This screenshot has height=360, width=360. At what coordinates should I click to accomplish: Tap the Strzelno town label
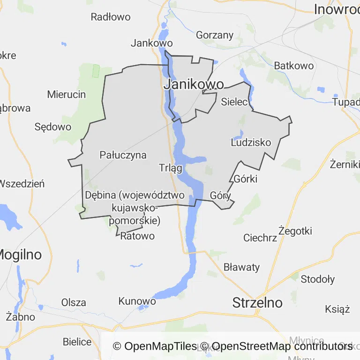pos(257,302)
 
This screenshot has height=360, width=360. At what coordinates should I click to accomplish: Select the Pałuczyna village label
pos(123,155)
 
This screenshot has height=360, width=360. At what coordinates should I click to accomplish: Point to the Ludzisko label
pos(251,142)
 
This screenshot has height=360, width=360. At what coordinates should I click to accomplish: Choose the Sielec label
pos(234,101)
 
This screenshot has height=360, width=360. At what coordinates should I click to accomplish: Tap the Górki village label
pos(245,179)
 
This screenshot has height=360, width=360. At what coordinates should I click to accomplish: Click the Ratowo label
pos(137,236)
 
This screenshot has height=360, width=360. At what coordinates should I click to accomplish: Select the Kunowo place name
pos(137,301)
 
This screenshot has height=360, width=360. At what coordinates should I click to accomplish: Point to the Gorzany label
pos(215,35)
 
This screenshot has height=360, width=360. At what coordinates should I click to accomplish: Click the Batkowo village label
pos(294,66)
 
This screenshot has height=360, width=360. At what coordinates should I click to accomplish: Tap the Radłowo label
pos(111,17)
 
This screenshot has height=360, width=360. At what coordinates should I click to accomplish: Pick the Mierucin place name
pos(67,94)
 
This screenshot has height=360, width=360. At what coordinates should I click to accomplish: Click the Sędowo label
pos(53,127)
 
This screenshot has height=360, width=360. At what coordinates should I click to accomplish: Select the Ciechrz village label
pos(260,238)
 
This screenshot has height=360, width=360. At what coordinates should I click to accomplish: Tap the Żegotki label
pos(295,231)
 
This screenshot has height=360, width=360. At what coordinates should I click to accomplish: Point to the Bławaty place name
pos(241,267)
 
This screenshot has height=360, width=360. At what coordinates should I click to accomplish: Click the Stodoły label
pos(318,279)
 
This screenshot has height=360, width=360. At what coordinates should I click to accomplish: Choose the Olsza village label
pos(74,302)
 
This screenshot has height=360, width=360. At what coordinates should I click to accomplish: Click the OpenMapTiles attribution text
pos(155,346)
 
